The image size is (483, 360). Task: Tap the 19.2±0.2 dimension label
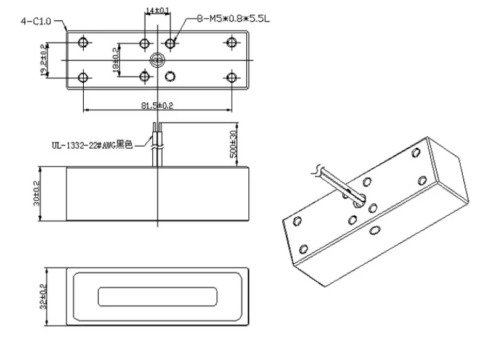click(43, 60)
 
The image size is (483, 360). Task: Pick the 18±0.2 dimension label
click(115, 60)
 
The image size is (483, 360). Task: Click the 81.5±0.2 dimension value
click(158, 105)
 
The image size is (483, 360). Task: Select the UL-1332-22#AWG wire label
click(92, 146)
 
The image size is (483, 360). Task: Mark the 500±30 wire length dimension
click(233, 144)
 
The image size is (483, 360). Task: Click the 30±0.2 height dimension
click(36, 192)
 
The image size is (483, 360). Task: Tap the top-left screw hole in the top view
click(84, 43)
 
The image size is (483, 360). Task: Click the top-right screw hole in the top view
click(232, 43)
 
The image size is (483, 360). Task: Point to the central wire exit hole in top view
click(158, 60)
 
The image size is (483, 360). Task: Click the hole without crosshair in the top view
click(171, 76)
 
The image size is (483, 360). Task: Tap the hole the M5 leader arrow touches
click(171, 43)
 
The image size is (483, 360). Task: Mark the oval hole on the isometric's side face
click(374, 231)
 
